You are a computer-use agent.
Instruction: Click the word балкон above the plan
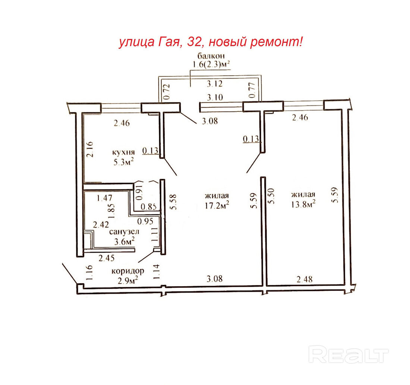click(x=211, y=56)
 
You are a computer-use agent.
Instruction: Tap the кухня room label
click(x=123, y=152)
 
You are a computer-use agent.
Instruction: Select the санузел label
click(x=124, y=232)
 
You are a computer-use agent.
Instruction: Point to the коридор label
click(x=127, y=271)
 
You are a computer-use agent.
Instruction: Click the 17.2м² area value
click(x=217, y=205)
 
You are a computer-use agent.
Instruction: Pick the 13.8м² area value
click(x=303, y=204)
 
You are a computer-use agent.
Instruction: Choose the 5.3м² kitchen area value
click(x=123, y=162)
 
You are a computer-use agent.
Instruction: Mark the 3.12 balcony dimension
click(x=215, y=84)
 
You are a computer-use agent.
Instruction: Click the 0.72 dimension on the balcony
click(x=167, y=92)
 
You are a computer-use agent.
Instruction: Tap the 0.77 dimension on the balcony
click(x=252, y=90)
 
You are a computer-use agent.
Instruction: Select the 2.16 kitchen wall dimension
click(x=90, y=149)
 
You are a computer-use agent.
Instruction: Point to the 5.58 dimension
click(x=173, y=202)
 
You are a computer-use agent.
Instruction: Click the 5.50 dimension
click(x=271, y=196)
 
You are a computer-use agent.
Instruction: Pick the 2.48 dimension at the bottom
click(x=305, y=279)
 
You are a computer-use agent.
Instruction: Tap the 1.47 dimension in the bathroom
click(x=105, y=198)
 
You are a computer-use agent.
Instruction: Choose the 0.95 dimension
click(x=145, y=221)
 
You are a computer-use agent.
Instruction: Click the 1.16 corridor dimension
click(x=89, y=273)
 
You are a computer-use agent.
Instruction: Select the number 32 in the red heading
click(x=194, y=42)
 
